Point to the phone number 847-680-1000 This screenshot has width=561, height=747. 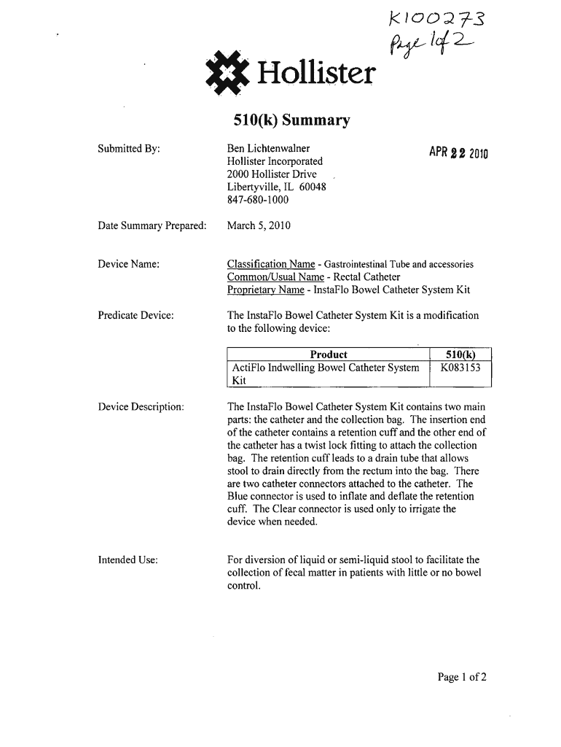[x=258, y=199]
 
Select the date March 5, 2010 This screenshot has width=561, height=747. [x=259, y=225]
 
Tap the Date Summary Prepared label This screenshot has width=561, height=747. [x=152, y=225]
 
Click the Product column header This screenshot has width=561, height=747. [x=329, y=355]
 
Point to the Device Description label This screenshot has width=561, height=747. [x=141, y=405]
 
